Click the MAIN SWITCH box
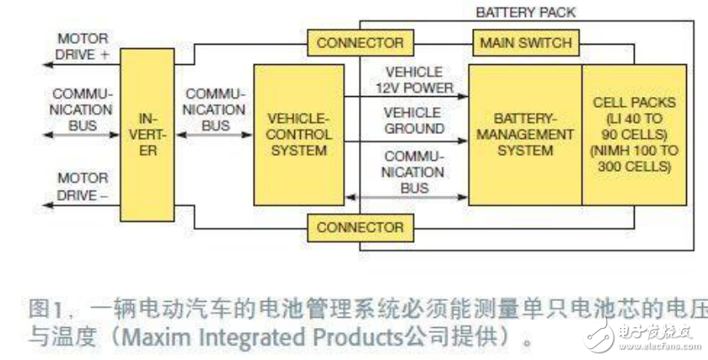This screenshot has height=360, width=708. [x=524, y=42]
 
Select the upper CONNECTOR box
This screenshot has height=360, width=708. [x=360, y=42]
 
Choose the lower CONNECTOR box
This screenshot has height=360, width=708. [x=360, y=227]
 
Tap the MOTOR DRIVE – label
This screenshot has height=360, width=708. [x=83, y=185]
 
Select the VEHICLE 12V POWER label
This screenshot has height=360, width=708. [x=413, y=78]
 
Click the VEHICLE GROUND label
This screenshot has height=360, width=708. [x=413, y=121]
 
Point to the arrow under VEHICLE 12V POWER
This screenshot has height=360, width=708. [x=413, y=96]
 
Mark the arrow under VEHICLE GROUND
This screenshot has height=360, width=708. [x=413, y=140]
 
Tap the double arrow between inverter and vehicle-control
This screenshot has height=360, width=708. [x=216, y=140]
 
